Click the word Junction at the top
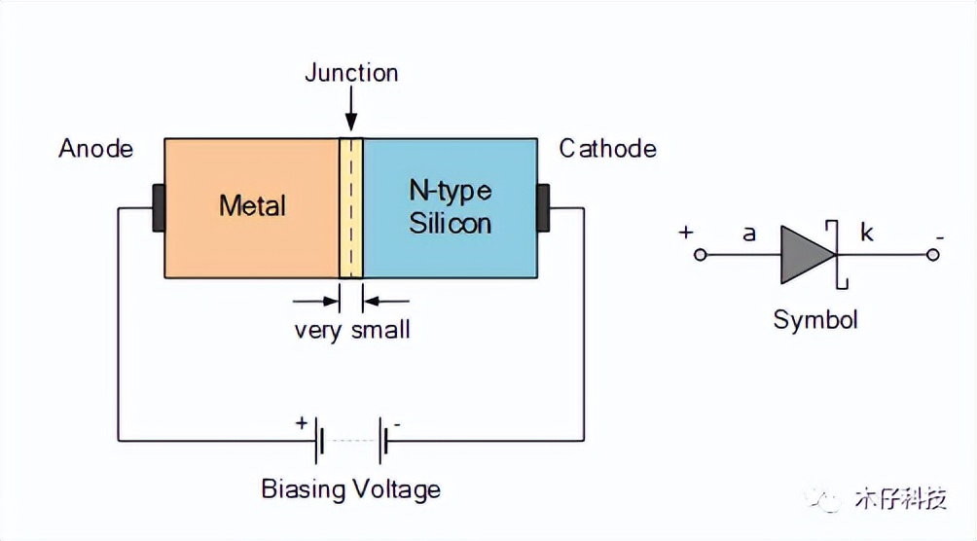(351, 73)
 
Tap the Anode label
(95, 149)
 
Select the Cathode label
(607, 149)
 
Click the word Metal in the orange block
(253, 206)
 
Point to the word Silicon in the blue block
(451, 223)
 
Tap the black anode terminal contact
(158, 207)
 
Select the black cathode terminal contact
(543, 207)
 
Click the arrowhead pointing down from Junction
(350, 124)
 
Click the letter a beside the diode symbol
(749, 233)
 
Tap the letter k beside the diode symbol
(866, 233)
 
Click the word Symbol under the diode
(815, 319)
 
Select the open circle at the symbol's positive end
(700, 255)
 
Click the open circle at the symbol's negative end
(932, 255)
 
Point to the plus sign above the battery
(301, 423)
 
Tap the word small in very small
(381, 329)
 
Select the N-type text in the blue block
(450, 190)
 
